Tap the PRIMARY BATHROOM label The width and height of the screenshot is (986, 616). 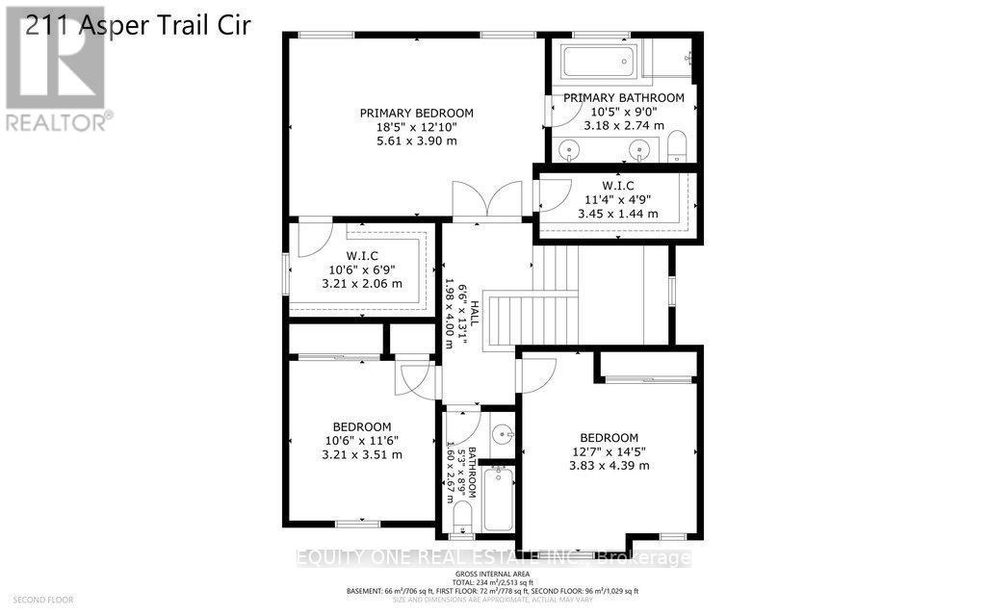click(x=623, y=97)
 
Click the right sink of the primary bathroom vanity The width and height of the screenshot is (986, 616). click(x=636, y=150)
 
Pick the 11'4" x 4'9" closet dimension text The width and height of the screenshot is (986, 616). click(x=618, y=199)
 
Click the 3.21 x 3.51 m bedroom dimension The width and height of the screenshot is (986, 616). click(x=361, y=455)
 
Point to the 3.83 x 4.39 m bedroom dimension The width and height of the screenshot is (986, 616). click(x=609, y=466)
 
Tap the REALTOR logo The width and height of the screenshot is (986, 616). click(x=57, y=82)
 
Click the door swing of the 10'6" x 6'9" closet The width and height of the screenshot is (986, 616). click(x=312, y=239)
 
